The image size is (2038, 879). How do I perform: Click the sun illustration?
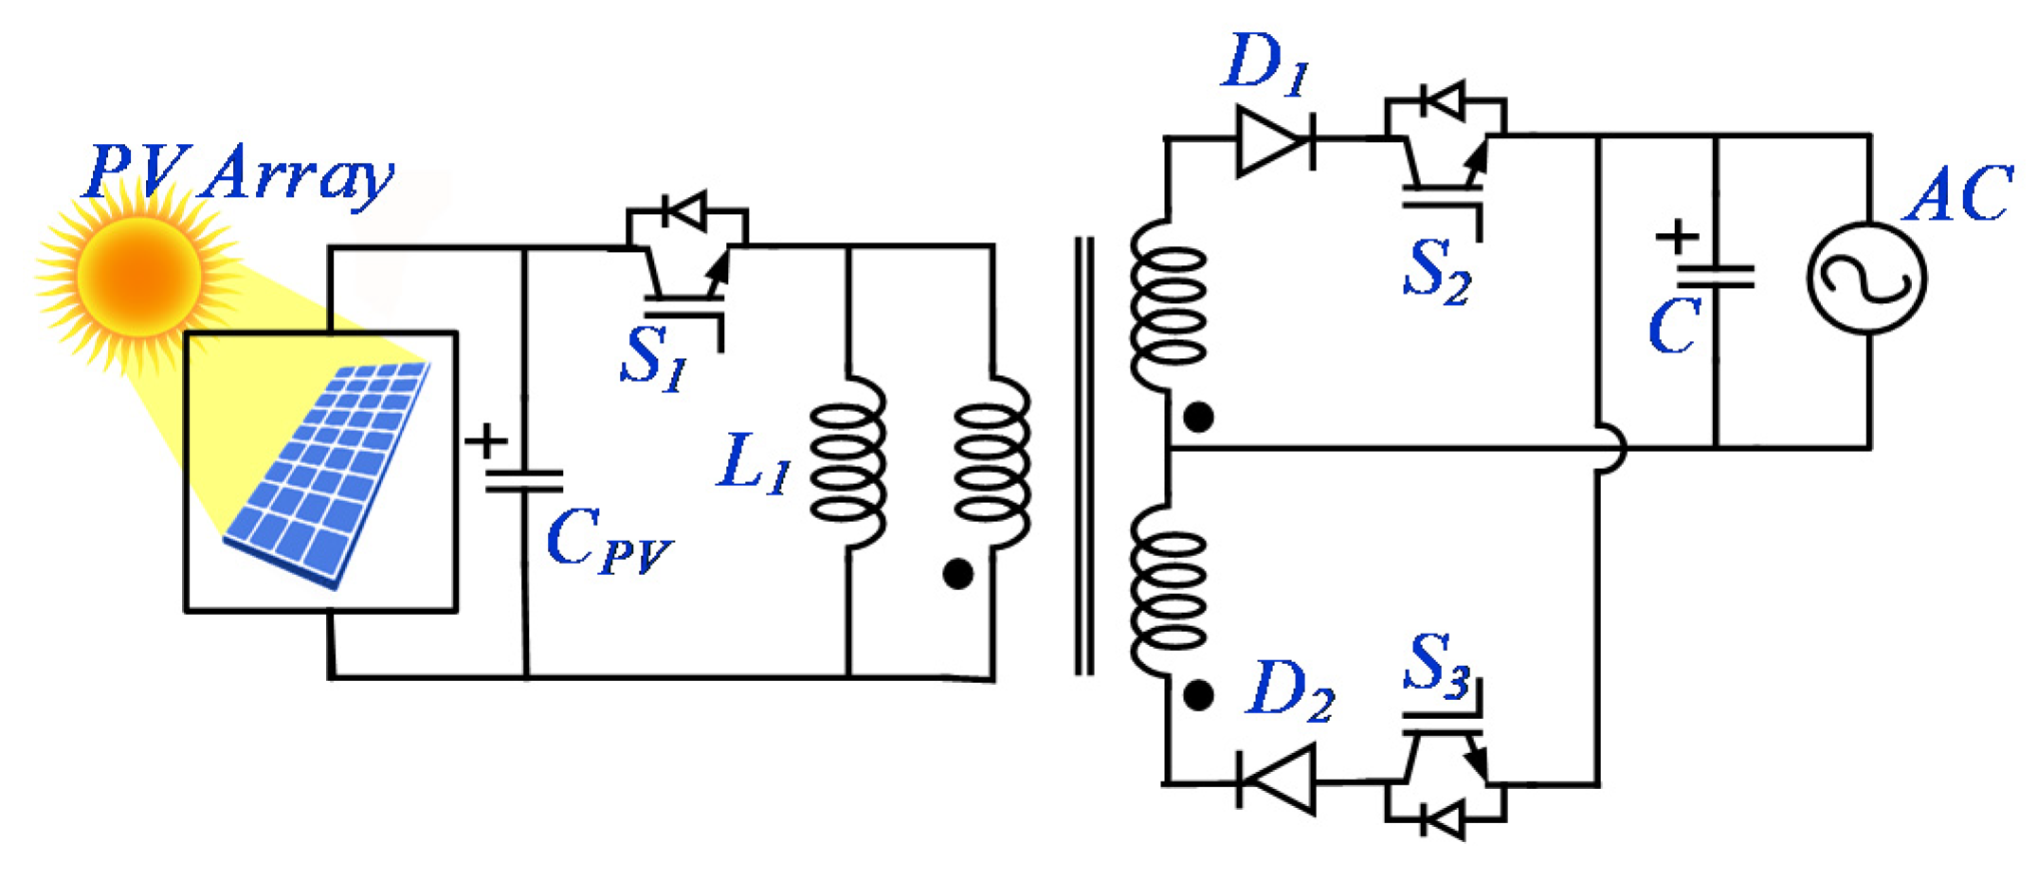[x=139, y=275]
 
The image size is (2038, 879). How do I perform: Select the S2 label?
[x=1436, y=272]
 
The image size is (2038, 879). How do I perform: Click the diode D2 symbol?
[x=1277, y=780]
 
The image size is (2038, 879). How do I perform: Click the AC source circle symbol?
[x=1865, y=278]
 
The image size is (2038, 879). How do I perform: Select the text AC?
[x=1957, y=194]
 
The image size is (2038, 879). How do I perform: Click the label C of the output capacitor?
[x=1673, y=327]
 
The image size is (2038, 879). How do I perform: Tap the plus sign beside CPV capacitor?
[x=486, y=441]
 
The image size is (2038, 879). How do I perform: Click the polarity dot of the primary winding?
[x=957, y=574]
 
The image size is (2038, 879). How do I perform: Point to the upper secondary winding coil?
[x=1168, y=306]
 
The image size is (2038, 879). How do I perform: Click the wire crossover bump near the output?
[x=1609, y=448]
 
